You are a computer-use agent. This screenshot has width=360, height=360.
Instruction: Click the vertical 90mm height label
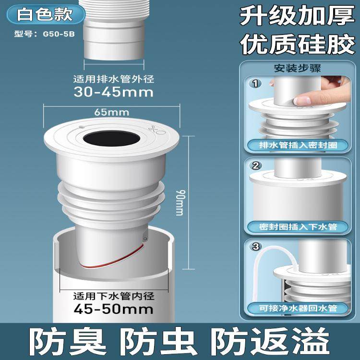[180, 201]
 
